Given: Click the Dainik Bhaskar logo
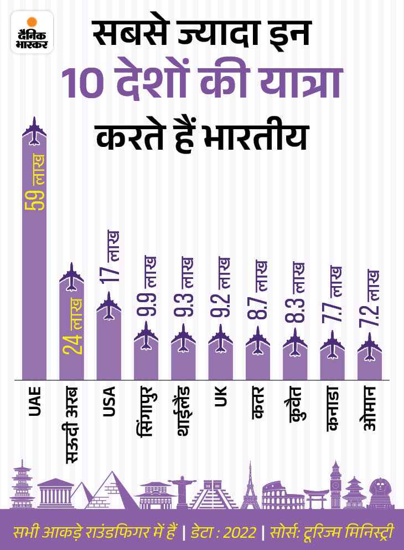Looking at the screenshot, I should tap(32, 33).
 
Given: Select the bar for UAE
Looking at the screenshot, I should tap(34, 266).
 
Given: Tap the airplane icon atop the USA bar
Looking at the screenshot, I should tap(108, 307).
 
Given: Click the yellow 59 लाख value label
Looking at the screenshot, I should tap(35, 183).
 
